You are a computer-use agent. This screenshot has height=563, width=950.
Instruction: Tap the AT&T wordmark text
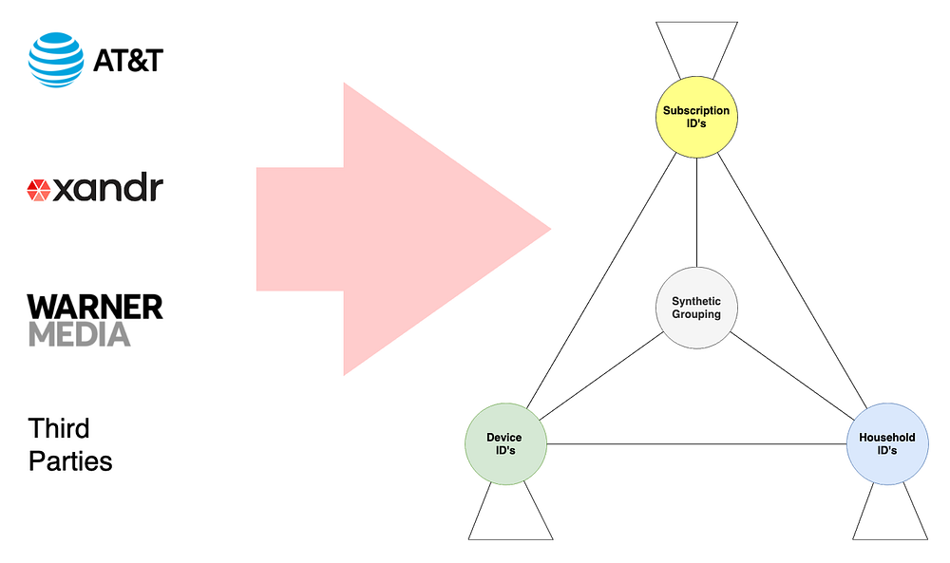[x=128, y=61]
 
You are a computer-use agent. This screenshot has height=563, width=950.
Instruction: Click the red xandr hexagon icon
[x=39, y=190]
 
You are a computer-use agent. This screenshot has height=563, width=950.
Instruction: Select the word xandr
[x=107, y=189]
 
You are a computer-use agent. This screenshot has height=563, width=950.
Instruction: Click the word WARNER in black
[x=95, y=307]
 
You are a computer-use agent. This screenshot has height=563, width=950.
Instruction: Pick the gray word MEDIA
[x=80, y=334]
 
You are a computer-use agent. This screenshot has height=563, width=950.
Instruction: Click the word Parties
[x=70, y=461]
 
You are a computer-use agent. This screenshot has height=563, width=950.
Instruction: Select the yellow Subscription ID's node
[x=696, y=117]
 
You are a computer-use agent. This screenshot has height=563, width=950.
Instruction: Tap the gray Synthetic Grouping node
[x=696, y=308]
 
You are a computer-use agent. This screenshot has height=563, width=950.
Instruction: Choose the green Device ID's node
[x=504, y=443]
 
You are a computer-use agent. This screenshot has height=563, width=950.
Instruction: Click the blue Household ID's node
[x=886, y=443]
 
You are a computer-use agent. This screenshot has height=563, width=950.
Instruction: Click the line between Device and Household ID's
[x=695, y=443]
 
